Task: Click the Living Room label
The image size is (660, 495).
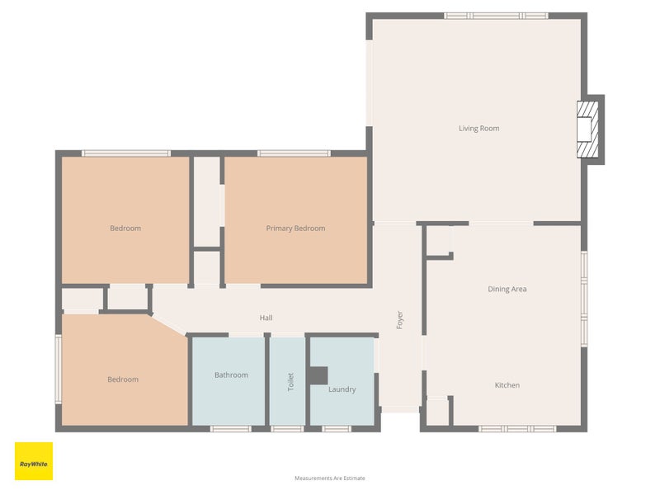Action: pos(479,129)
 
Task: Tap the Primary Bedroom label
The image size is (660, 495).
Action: pos(295,229)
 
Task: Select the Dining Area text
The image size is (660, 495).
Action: pos(507,290)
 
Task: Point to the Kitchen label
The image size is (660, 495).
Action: pos(507,385)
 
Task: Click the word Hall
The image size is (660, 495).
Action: pos(266,318)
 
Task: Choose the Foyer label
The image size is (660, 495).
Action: pos(400,320)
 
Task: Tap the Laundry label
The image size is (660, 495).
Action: pos(342,389)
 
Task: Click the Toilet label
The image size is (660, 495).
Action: pos(291,382)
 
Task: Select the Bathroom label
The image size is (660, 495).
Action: pos(231,375)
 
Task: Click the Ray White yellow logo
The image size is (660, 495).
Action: pos(34,461)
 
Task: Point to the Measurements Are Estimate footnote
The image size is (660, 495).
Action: pos(330,478)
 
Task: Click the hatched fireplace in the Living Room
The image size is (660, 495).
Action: pos(587,130)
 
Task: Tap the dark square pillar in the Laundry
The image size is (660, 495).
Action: pos(318,375)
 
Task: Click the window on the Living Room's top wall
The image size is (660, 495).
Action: pos(497,16)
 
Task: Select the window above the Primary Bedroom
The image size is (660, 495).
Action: pos(295,153)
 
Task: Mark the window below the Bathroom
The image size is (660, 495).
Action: pos(231,429)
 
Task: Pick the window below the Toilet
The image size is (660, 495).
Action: pos(287,429)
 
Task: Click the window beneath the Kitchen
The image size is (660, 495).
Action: pos(518,429)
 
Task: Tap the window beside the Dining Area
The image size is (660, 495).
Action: pos(584,299)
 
